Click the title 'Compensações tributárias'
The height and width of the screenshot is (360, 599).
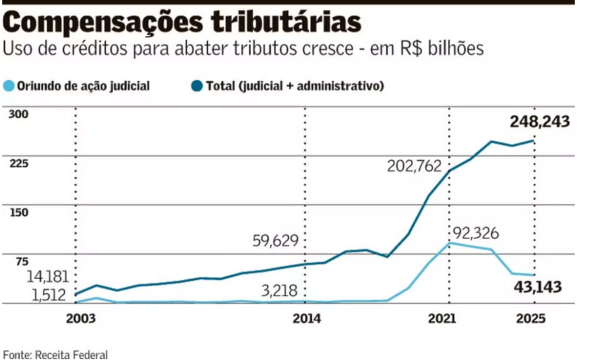(182, 22)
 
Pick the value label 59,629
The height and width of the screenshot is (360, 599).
(276, 240)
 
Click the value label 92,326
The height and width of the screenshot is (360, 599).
(475, 234)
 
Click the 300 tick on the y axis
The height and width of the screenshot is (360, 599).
(18, 114)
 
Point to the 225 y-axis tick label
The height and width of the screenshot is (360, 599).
(18, 163)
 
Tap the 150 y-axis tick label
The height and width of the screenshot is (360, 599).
(18, 212)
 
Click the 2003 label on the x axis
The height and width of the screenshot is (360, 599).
(76, 319)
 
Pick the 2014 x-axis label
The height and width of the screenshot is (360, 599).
(307, 319)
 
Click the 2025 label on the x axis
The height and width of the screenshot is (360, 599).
(531, 319)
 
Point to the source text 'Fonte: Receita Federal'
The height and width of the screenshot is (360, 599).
(56, 354)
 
